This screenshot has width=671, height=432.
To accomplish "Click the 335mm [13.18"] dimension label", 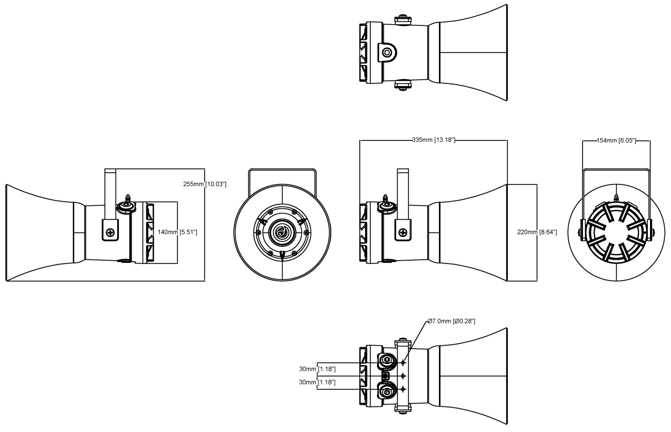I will pyautogui.click(x=433, y=140).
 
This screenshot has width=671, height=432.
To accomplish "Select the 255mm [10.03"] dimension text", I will pyautogui.click(x=205, y=184).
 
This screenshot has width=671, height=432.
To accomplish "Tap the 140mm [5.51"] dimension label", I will pyautogui.click(x=177, y=233).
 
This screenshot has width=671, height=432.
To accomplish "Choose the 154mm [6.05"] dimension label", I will pyautogui.click(x=616, y=141).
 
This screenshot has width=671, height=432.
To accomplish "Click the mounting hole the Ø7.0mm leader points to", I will pyautogui.click(x=403, y=362).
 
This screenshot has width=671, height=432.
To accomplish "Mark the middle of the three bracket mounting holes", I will pyautogui.click(x=403, y=376).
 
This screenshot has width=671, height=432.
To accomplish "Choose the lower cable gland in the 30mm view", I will pyautogui.click(x=386, y=392).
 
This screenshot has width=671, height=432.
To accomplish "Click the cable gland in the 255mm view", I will pyautogui.click(x=127, y=206).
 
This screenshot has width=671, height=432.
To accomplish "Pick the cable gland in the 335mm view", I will pyautogui.click(x=386, y=206).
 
